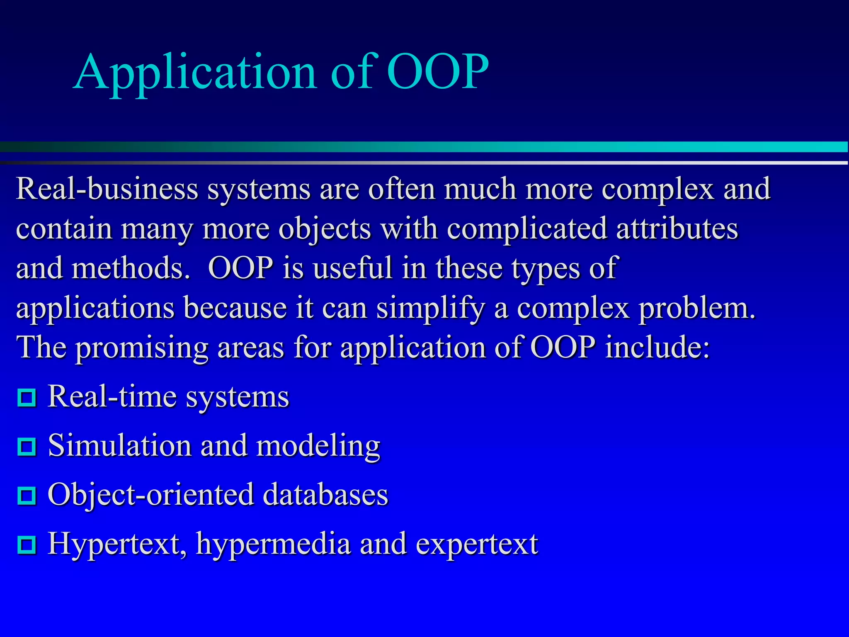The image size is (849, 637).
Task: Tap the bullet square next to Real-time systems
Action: (27, 398)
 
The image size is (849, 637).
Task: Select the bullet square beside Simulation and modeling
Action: (27, 447)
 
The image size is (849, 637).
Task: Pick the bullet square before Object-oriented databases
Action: (27, 496)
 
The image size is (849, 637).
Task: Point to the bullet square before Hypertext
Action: (27, 545)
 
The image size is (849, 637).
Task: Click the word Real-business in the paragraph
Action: (107, 189)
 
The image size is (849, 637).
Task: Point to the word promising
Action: (142, 348)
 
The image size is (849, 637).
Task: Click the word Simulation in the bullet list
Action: (120, 446)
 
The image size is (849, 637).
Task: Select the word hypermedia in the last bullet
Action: (274, 545)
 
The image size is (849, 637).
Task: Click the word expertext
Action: (477, 545)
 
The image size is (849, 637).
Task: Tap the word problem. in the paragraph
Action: (696, 309)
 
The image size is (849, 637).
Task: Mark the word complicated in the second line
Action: (526, 229)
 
